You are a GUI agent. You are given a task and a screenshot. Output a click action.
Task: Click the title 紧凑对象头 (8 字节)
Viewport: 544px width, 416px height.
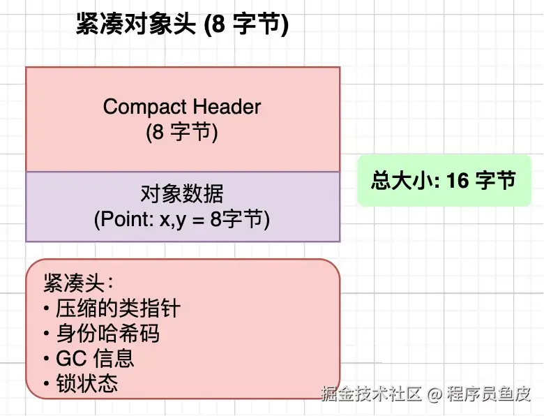182,26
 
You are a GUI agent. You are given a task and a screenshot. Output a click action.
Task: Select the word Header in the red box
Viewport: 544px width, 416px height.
227,107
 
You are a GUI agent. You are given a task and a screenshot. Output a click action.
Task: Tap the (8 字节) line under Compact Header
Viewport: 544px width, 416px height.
182,132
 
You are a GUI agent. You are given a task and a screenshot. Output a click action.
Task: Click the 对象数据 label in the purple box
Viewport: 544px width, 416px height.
182,193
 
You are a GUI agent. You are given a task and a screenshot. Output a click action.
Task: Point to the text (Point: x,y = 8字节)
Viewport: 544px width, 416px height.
182,218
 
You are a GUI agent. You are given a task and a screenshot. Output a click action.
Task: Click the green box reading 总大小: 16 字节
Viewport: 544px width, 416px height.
444,181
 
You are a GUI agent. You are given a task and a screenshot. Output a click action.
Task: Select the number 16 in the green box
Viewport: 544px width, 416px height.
458,181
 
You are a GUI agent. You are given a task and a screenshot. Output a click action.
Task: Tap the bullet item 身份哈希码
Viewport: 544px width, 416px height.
107,334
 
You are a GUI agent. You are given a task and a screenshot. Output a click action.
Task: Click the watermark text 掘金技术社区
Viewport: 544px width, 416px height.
372,394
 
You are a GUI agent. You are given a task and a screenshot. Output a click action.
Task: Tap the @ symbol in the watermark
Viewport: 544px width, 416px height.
435,395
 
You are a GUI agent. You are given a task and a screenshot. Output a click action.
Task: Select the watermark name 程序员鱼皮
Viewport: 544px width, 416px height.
490,394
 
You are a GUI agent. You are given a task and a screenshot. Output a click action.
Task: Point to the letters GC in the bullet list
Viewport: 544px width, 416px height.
70,359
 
